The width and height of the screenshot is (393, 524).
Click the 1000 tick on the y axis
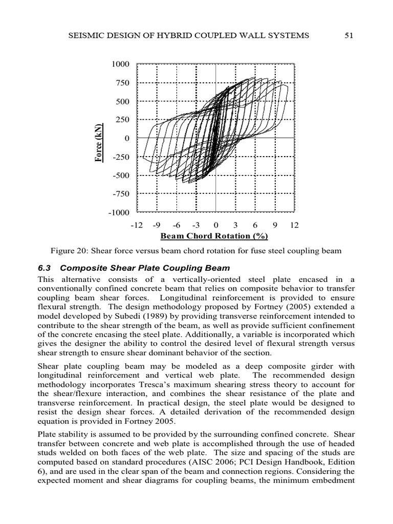(x=120, y=64)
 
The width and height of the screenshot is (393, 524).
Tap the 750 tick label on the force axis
(x=122, y=83)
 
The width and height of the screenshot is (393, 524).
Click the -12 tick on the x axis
(x=136, y=225)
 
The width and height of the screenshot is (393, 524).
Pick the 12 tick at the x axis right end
(x=294, y=225)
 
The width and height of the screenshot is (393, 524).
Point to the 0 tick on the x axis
(x=216, y=225)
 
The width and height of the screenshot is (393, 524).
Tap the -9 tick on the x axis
(x=157, y=225)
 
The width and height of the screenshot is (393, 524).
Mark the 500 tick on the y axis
(x=122, y=101)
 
